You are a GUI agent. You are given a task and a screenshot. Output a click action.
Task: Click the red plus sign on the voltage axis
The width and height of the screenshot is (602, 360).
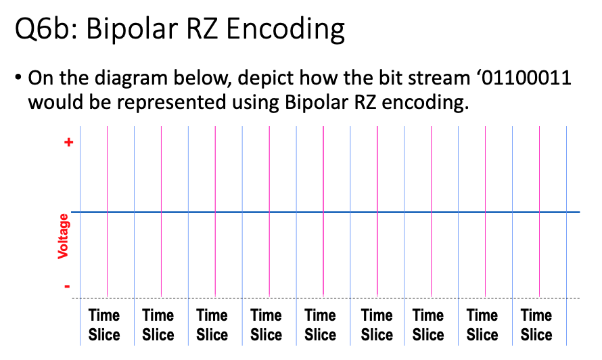(67, 143)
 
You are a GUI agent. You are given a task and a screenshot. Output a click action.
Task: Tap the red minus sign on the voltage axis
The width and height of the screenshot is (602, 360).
(67, 286)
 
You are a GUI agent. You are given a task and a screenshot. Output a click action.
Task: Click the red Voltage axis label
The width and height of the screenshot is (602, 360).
(64, 235)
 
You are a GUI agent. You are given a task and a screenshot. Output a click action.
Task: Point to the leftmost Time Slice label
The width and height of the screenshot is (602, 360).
(104, 325)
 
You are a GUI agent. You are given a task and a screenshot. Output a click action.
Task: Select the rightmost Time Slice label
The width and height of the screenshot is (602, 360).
(536, 325)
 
